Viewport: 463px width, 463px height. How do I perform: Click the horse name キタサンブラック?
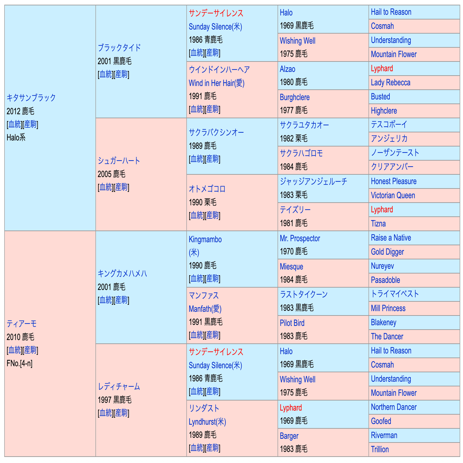(x=31, y=98)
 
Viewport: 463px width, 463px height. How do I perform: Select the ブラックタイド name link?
(x=119, y=48)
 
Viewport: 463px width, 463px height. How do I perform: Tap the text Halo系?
(x=16, y=137)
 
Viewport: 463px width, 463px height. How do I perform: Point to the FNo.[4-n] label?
(x=19, y=363)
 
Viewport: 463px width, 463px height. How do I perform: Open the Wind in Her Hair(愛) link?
(x=216, y=83)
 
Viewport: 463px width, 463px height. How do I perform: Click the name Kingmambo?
(x=205, y=240)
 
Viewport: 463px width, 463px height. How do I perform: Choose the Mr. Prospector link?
(x=300, y=239)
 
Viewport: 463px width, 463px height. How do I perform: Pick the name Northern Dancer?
(x=393, y=407)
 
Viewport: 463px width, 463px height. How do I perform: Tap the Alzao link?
(x=287, y=69)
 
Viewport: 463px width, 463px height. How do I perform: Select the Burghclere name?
(x=294, y=97)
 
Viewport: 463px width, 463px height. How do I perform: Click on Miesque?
(x=291, y=267)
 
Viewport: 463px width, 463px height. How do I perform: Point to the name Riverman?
(x=384, y=435)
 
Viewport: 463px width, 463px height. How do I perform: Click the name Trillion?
(x=380, y=450)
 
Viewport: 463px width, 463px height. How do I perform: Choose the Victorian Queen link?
(x=393, y=196)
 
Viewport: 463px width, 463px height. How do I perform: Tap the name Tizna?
(x=378, y=224)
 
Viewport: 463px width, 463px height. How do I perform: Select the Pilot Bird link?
(x=292, y=323)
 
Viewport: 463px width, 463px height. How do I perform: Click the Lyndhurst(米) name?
(x=207, y=422)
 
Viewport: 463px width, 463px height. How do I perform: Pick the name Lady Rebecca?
(x=390, y=83)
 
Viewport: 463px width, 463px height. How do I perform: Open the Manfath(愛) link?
(x=205, y=309)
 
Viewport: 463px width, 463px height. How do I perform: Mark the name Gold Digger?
(x=387, y=252)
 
